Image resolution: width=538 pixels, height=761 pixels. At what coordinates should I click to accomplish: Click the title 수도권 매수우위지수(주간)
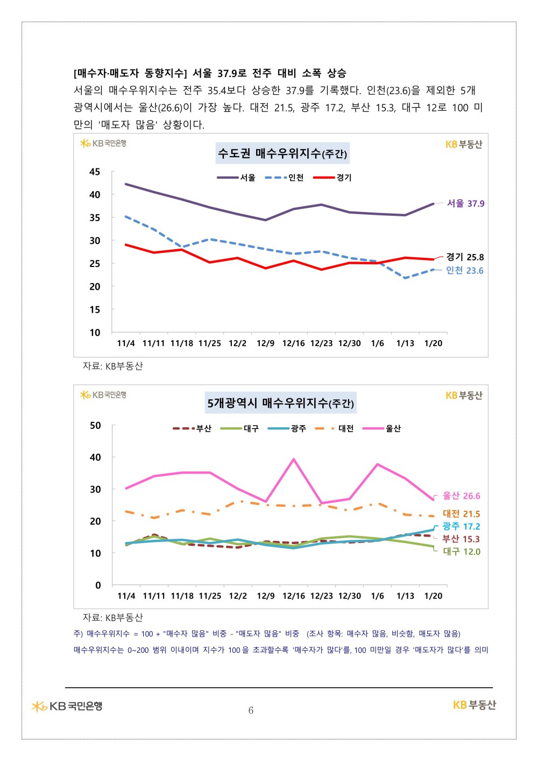(282, 153)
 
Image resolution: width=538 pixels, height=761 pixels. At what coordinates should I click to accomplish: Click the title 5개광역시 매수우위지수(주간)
(280, 403)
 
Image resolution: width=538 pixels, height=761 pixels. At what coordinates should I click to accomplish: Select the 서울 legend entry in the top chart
(237, 178)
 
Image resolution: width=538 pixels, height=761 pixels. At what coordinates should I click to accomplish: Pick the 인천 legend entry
(285, 178)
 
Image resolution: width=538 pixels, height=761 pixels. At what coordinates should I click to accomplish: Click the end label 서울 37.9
(465, 203)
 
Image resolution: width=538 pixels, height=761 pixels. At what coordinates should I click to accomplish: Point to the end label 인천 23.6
(464, 271)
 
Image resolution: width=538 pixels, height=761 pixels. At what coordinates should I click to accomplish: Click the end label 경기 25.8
(465, 257)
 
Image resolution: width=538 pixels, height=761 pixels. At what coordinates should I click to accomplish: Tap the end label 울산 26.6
(461, 496)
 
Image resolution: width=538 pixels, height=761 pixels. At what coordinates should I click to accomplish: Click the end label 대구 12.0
(461, 552)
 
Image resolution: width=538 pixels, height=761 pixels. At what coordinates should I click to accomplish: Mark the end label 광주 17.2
(461, 526)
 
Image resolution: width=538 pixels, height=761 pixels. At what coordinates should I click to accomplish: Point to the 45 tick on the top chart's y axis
(95, 172)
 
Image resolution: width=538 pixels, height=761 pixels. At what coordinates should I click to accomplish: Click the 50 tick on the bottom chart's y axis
(95, 425)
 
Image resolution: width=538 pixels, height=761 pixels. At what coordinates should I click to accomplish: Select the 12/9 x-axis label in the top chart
(265, 343)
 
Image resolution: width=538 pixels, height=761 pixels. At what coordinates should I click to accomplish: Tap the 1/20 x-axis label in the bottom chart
(433, 596)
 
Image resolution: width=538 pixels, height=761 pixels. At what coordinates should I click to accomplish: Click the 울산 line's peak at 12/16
(293, 459)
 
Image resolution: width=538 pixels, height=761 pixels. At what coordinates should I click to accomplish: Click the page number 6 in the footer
(251, 710)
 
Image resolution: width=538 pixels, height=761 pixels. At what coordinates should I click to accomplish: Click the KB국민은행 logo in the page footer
(67, 706)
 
